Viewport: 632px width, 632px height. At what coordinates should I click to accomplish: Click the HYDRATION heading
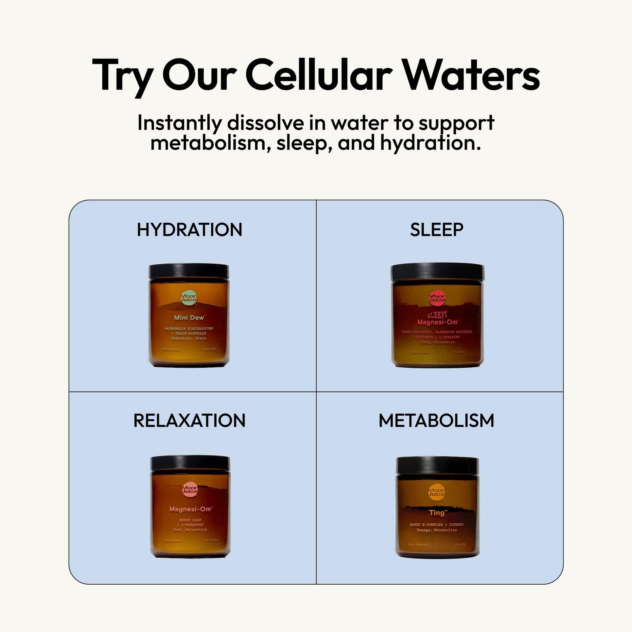point(189,229)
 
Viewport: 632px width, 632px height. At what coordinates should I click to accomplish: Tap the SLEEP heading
point(436,229)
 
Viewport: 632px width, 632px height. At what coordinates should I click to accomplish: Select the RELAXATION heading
point(189,420)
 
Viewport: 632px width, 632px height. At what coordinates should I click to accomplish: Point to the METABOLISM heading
point(436,420)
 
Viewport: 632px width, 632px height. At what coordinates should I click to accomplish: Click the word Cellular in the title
point(319,75)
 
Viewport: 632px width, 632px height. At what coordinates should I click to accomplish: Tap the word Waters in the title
point(470,75)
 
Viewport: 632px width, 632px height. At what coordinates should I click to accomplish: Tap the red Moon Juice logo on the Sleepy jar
point(437,298)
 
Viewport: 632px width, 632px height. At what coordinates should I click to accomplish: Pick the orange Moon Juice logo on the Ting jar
point(436,492)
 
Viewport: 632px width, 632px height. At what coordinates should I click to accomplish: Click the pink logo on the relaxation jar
point(190,490)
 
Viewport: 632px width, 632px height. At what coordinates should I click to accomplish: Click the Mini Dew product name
point(189,318)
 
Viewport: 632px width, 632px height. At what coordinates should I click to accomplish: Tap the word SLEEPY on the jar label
point(437,315)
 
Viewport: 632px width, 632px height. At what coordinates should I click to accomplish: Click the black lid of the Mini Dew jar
point(189,271)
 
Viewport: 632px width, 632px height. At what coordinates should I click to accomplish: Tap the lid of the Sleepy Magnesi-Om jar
point(437,272)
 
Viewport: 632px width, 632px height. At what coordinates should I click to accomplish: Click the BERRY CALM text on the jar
point(190,520)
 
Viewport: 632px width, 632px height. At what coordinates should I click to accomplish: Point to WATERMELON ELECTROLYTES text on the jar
point(189,329)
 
